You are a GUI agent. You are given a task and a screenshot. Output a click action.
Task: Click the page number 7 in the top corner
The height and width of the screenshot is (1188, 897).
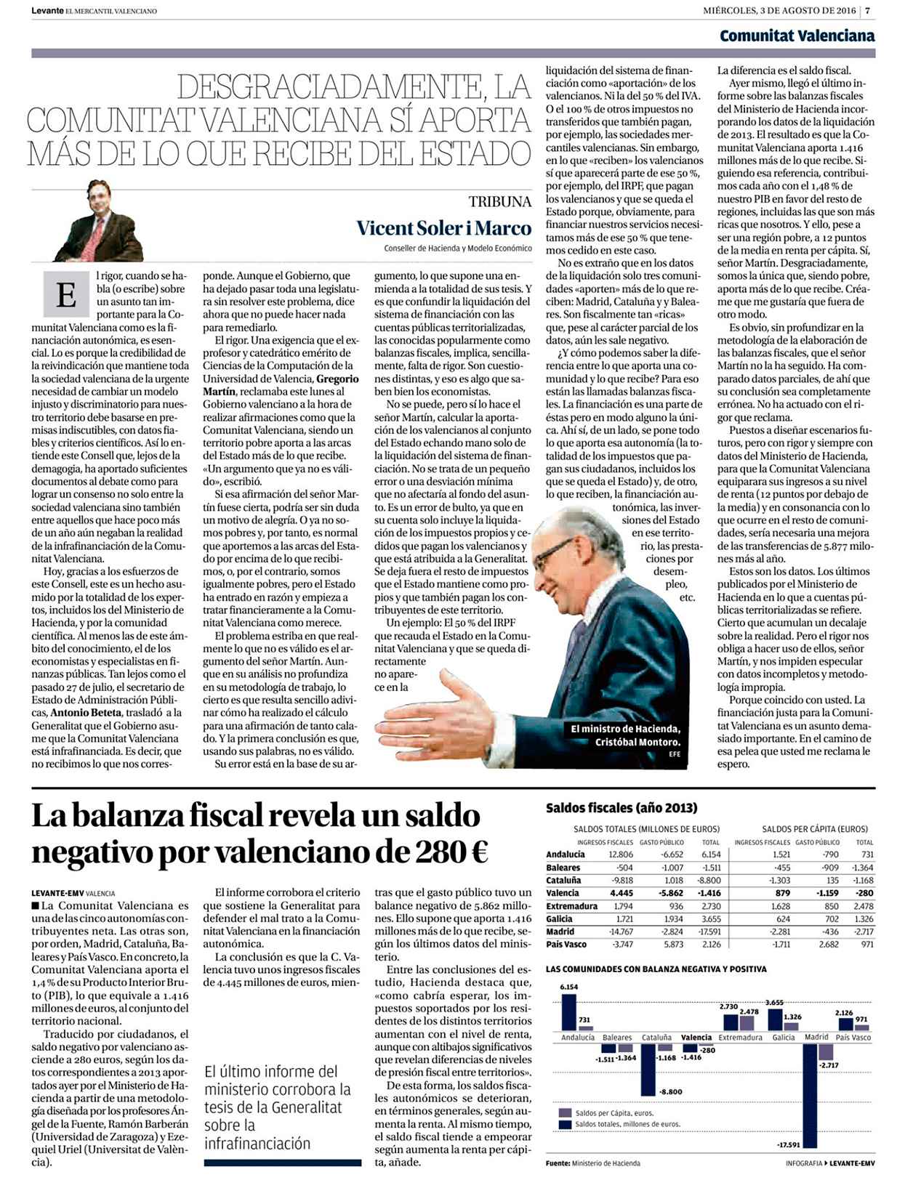(867, 10)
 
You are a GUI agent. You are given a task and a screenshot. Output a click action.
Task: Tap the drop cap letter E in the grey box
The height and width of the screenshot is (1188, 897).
(65, 295)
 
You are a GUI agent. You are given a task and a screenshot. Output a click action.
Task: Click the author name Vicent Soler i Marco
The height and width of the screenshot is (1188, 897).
(443, 228)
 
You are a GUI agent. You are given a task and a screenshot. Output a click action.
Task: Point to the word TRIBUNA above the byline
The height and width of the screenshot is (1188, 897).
(499, 201)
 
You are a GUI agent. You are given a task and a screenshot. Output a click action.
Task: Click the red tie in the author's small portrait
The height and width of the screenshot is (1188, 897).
(97, 233)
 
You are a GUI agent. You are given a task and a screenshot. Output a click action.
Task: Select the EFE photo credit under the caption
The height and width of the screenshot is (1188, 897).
(673, 754)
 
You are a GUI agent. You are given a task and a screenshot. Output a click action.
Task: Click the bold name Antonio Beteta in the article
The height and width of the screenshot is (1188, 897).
(85, 712)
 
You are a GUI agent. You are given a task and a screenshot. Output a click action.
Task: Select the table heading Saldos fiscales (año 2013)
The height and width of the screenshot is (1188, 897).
(621, 808)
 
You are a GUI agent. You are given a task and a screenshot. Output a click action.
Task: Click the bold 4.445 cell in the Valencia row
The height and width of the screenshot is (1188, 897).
(622, 893)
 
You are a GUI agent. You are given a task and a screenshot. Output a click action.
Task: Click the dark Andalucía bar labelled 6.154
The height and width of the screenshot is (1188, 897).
(569, 1011)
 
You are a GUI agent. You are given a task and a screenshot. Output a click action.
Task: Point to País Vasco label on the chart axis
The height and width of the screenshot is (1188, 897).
(853, 1038)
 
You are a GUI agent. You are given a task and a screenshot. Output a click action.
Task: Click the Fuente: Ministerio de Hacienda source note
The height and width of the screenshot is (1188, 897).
(592, 1163)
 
